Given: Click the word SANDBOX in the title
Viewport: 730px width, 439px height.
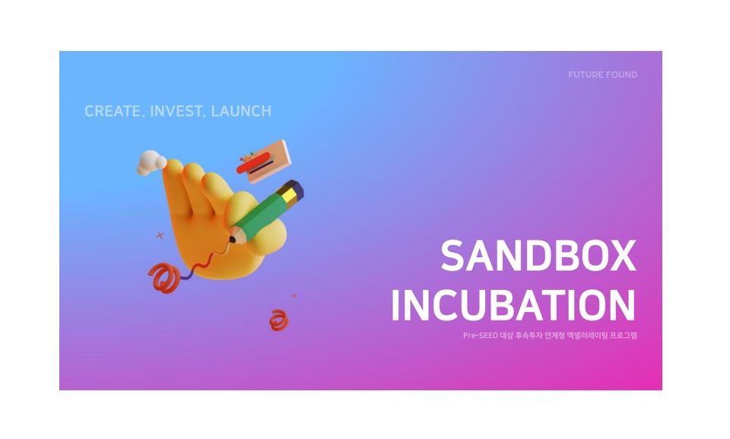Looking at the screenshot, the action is pyautogui.click(x=538, y=256).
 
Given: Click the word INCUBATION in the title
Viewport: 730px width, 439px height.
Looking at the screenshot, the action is pyautogui.click(x=513, y=305).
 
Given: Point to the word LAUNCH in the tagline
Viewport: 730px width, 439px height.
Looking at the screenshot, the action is pyautogui.click(x=241, y=111).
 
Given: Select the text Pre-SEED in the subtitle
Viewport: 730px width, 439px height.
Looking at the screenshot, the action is pyautogui.click(x=481, y=336).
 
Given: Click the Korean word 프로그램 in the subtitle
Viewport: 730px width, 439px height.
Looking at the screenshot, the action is pyautogui.click(x=624, y=336).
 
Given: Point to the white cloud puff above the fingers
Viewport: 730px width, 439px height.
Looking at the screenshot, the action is pyautogui.click(x=151, y=162).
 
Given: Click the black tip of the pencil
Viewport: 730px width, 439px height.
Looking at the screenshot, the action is pyautogui.click(x=232, y=239).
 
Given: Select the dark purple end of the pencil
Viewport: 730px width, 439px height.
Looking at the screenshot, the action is pyautogui.click(x=296, y=188).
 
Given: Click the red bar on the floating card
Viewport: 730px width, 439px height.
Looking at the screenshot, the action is pyautogui.click(x=253, y=163).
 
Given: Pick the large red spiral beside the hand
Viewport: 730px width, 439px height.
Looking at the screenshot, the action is pyautogui.click(x=163, y=278).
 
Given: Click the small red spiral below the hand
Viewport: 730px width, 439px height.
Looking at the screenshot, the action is pyautogui.click(x=278, y=320).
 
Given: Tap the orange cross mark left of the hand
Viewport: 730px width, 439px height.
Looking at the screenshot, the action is pyautogui.click(x=160, y=235).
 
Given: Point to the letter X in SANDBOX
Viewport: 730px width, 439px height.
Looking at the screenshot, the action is pyautogui.click(x=623, y=256).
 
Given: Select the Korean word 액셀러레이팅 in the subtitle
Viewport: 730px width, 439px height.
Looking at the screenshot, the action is pyautogui.click(x=588, y=336).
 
